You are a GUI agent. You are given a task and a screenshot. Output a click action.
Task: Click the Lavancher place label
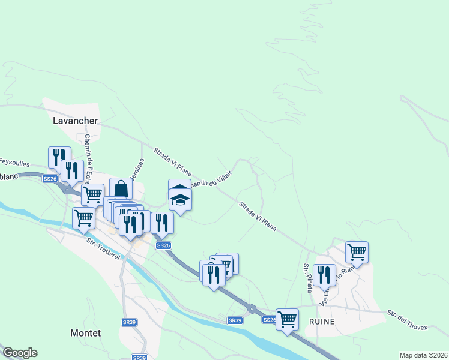click(x=74, y=121)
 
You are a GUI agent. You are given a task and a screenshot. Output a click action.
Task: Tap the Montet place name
click(x=85, y=333)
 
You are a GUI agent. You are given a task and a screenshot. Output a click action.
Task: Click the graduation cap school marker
click(x=180, y=197)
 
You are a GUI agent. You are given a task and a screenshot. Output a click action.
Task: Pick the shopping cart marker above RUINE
click(x=357, y=252)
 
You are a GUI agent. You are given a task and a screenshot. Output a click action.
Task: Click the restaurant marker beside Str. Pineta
click(x=324, y=275)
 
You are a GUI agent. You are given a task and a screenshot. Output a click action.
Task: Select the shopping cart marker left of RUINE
click(x=287, y=319)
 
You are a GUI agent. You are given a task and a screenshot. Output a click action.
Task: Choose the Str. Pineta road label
click(x=307, y=278)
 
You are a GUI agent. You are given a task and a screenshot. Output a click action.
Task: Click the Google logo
click(x=20, y=353)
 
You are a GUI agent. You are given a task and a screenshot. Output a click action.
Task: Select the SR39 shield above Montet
click(x=129, y=322)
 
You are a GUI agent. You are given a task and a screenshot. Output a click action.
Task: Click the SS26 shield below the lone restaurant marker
click(x=163, y=245)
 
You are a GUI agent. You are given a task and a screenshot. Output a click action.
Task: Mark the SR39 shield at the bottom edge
click(x=139, y=358)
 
